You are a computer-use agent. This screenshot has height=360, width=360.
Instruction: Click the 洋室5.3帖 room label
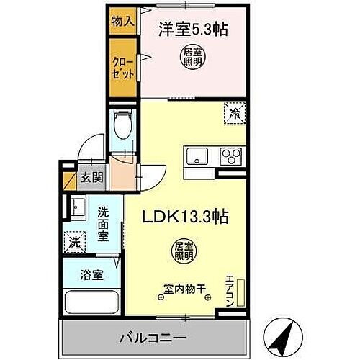point(190,30)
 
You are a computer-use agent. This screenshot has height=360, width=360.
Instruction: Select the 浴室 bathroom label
point(92,274)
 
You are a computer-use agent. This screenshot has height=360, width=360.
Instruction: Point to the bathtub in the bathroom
point(91,302)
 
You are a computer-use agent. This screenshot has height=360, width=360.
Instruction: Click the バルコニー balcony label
point(154,337)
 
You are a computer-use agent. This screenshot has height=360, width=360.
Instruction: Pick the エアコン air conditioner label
point(230,290)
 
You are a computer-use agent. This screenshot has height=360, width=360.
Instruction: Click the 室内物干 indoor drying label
point(184,289)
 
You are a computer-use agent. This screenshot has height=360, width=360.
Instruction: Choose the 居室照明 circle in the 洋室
point(191,57)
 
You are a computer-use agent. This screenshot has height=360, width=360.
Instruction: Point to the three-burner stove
point(232,156)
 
